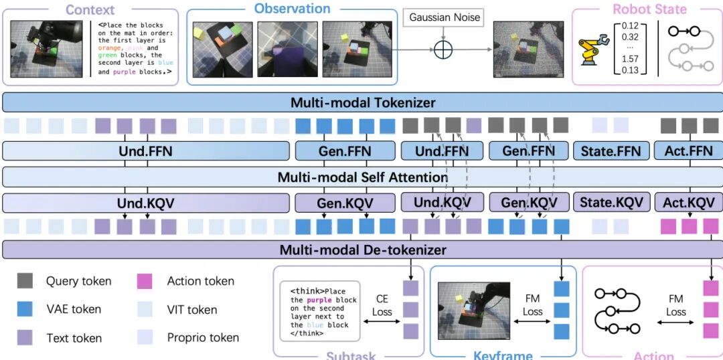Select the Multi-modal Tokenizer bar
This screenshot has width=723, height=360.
click(362, 102)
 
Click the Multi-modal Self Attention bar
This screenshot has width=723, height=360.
click(362, 177)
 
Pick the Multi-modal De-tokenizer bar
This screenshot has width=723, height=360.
click(362, 250)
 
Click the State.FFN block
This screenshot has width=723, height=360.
click(611, 151)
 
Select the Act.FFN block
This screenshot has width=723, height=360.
click(688, 151)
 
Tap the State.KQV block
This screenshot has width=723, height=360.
click(611, 203)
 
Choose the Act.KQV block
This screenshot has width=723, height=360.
click(688, 203)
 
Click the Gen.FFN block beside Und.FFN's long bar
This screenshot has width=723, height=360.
click(345, 151)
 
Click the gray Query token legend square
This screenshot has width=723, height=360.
click(25, 282)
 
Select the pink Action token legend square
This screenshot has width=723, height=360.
click(145, 281)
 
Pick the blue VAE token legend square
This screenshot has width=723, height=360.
click(25, 309)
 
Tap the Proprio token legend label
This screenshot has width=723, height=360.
click(203, 337)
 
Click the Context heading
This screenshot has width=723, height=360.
click(90, 10)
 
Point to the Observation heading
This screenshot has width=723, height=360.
click(292, 9)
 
